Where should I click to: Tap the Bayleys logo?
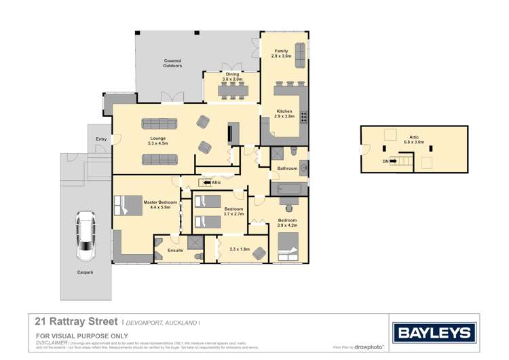[434, 332]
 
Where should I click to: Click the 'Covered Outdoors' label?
[172, 63]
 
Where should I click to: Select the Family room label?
[281, 54]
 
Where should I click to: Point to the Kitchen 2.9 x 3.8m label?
[284, 113]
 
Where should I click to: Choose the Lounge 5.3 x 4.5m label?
[157, 142]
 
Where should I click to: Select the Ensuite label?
[175, 251]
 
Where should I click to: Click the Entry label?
[101, 139]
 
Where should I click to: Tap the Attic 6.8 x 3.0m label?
[413, 141]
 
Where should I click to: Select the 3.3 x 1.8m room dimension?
[240, 249]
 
